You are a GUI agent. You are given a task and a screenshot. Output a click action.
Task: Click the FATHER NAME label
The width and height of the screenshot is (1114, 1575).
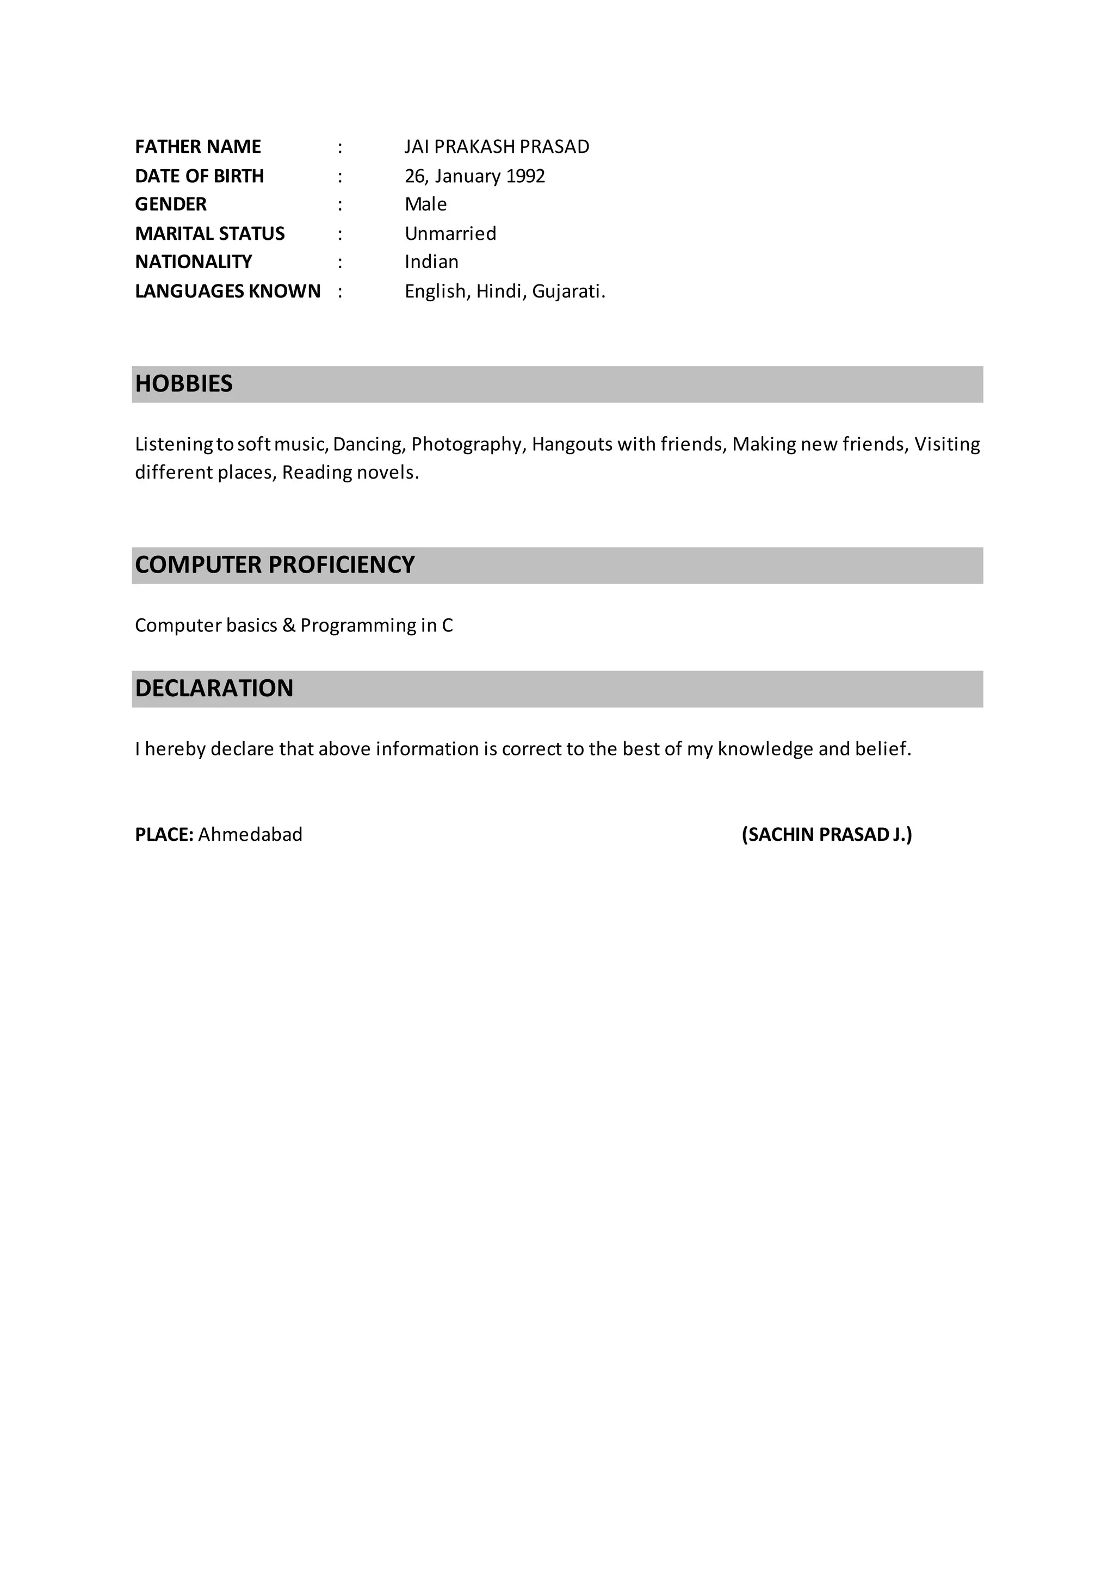(197, 147)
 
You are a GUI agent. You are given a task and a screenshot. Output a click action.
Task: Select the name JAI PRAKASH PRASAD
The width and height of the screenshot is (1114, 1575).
(497, 147)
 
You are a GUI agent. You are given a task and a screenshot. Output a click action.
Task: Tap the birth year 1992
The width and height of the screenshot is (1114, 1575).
(525, 176)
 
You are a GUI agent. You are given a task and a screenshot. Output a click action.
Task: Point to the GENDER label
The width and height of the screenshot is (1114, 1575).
(171, 204)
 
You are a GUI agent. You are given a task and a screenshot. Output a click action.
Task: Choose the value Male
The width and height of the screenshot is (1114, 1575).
(425, 204)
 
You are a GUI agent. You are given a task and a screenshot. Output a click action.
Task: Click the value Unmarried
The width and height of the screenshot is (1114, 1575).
(450, 234)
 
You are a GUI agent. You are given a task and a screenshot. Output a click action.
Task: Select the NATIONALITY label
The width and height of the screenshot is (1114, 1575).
(194, 262)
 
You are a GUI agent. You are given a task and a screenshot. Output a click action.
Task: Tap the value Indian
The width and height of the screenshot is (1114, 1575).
(431, 262)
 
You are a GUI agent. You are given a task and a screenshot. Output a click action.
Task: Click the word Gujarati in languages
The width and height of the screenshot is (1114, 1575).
(567, 292)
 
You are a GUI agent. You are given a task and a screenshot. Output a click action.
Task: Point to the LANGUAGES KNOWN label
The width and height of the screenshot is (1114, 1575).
(228, 292)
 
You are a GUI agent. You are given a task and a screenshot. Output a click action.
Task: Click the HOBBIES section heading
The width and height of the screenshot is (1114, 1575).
(184, 383)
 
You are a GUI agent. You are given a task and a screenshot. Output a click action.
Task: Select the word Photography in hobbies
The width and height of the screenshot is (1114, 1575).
(468, 444)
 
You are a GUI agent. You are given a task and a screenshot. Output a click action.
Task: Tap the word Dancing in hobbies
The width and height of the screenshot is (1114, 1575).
(369, 444)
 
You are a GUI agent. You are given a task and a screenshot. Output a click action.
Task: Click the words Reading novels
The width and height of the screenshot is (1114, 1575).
(350, 473)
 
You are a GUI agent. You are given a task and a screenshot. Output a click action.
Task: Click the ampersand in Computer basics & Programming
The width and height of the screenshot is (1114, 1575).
(289, 625)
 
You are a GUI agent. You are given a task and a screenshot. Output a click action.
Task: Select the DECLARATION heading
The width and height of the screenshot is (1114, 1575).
(214, 688)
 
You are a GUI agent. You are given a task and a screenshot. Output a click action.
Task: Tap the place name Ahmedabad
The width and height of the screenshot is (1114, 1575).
(250, 835)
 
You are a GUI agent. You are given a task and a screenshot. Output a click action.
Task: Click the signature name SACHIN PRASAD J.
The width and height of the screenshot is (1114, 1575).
(827, 835)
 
